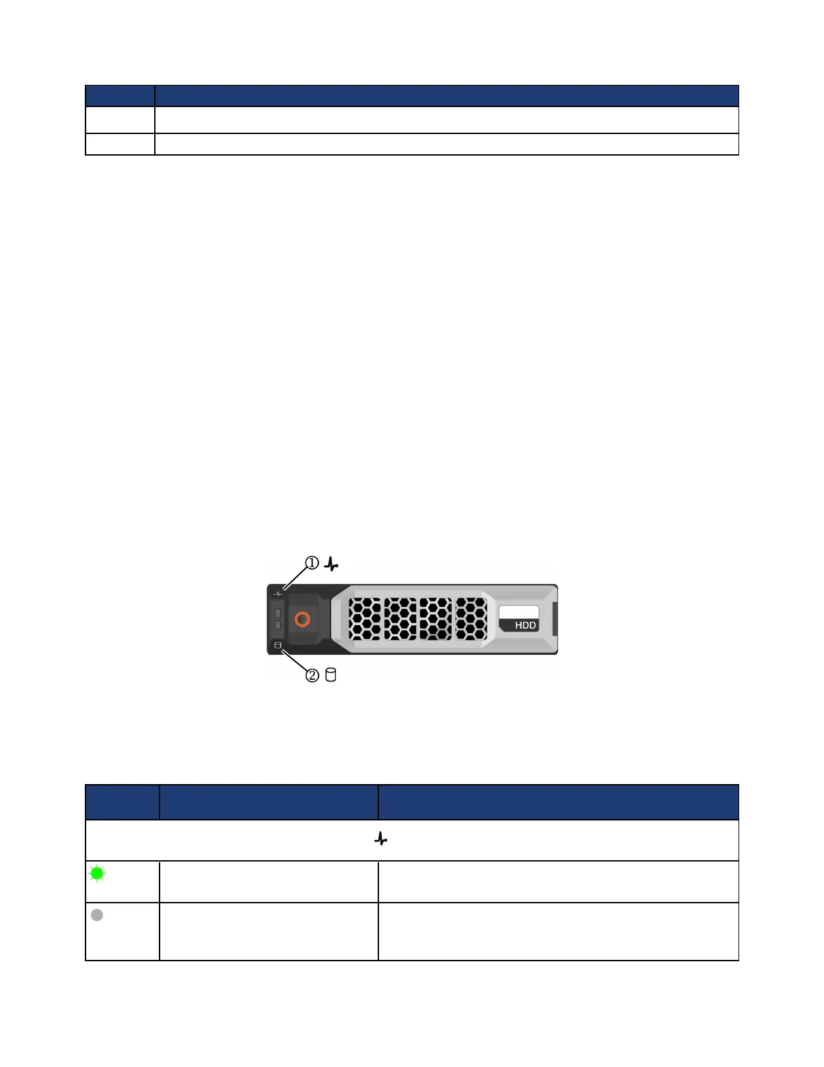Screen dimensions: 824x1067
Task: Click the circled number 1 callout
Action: (312, 562)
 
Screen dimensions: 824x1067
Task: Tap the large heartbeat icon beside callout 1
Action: (331, 564)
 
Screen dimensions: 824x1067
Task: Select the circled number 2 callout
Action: (312, 675)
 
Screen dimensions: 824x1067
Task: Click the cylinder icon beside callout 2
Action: (331, 674)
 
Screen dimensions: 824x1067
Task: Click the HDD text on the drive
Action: (525, 625)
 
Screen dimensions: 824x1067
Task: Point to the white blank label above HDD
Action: (518, 612)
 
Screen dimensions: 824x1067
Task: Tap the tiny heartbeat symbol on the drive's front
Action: (278, 593)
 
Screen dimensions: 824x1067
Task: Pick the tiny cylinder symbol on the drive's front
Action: (278, 645)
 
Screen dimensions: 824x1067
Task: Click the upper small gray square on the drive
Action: (277, 613)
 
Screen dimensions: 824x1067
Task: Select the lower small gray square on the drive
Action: (277, 625)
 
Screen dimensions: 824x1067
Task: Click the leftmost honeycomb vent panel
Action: (365, 618)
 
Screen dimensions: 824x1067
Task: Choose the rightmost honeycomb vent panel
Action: (471, 618)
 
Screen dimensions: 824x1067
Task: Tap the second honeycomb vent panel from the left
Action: (400, 618)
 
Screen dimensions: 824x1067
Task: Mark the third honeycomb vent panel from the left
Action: (436, 618)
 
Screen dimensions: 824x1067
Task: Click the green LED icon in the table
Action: (97, 874)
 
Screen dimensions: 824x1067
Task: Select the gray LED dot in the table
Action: (97, 915)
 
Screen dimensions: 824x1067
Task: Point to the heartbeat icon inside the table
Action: (381, 839)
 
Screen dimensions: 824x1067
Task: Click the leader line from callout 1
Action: (295, 579)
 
